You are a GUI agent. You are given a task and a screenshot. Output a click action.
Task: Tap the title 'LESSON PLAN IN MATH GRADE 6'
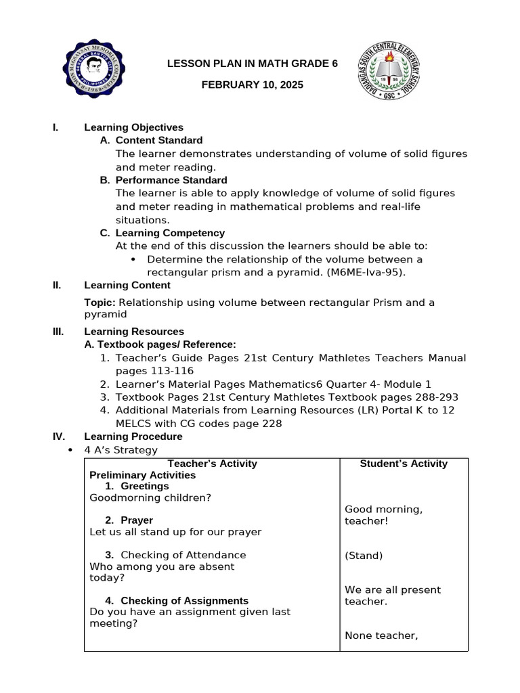[x=252, y=64]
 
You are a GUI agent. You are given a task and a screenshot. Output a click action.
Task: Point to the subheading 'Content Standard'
[x=159, y=140]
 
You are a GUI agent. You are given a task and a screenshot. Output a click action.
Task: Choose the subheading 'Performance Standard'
[x=171, y=180]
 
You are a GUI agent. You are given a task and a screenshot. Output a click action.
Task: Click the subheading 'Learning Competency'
[x=170, y=233]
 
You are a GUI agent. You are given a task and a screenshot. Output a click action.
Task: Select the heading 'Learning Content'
[x=127, y=285]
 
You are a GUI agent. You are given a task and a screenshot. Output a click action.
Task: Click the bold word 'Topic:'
[x=100, y=303]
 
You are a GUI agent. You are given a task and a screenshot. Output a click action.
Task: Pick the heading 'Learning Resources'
[x=134, y=332]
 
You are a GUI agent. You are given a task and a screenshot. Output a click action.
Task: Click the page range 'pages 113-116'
[x=154, y=371]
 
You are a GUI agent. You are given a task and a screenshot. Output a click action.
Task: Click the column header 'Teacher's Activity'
[x=212, y=464]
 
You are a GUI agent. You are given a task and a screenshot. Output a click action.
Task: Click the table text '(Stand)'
[x=364, y=556]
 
